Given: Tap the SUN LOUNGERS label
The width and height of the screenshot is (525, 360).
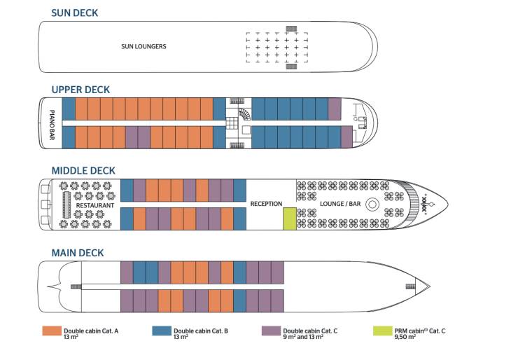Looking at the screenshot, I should (x=143, y=47).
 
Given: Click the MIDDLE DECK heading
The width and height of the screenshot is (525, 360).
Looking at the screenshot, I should (x=83, y=171).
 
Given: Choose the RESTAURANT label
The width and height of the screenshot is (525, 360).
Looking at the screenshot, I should (x=95, y=205).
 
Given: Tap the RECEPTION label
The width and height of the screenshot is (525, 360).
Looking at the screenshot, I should (x=266, y=204).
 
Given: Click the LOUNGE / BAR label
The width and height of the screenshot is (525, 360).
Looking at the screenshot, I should (x=337, y=204).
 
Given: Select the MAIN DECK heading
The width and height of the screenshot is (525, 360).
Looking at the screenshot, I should (x=78, y=253).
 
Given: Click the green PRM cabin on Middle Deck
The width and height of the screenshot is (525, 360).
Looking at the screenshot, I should (x=289, y=219).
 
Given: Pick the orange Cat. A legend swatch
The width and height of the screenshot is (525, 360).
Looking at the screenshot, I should (x=51, y=331).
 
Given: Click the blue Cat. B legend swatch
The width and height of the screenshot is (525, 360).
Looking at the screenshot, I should (x=161, y=331).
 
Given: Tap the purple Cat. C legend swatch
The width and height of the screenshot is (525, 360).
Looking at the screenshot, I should (x=270, y=331).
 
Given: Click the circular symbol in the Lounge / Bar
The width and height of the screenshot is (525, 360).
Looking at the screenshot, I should (x=372, y=205).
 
